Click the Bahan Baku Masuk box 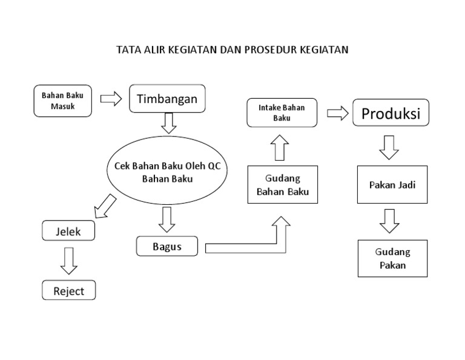point(63,101)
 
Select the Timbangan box point(167,99)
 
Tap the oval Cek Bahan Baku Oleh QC point(167,172)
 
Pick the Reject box point(68,291)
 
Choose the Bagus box point(168,246)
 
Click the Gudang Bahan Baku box point(283,185)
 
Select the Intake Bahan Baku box point(282,113)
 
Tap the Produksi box point(391,113)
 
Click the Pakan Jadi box point(392,185)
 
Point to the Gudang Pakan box point(392,258)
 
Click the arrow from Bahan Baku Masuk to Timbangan point(111,99)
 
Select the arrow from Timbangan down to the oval point(169,122)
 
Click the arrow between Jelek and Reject point(68,260)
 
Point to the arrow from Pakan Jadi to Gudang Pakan point(389,221)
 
